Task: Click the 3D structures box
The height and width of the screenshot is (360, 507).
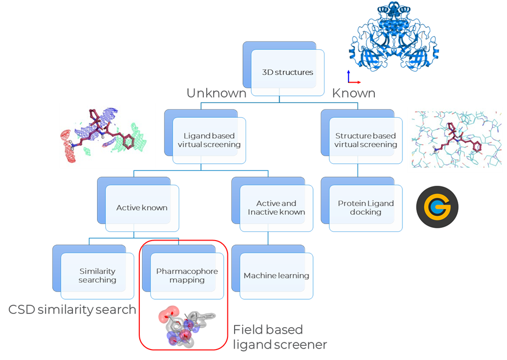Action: (287, 72)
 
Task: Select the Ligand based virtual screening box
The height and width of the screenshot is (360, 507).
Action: (208, 140)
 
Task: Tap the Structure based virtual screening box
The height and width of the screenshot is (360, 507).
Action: (366, 140)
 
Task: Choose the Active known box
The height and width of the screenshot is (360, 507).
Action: (141, 208)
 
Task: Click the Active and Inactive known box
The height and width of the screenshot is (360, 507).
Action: (276, 208)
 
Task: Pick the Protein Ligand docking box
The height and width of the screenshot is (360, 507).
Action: (366, 208)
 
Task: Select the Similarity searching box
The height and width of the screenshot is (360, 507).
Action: (97, 276)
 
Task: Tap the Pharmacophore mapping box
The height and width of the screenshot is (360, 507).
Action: (186, 276)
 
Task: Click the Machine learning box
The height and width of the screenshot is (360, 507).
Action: (276, 276)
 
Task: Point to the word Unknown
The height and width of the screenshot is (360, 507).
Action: (216, 93)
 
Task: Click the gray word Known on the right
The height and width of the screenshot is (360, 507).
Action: (354, 93)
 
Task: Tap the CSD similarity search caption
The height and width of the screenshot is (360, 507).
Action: (72, 310)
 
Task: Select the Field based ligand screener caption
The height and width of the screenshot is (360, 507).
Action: (280, 337)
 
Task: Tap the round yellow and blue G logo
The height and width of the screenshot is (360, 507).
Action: (437, 207)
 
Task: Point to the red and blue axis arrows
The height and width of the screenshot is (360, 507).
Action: (351, 77)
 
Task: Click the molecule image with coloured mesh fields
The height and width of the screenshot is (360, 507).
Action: (107, 135)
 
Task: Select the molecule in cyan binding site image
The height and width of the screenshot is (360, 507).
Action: (454, 140)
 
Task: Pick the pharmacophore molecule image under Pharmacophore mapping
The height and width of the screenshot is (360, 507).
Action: (187, 326)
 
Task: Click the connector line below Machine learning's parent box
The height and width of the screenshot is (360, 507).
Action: (268, 237)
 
